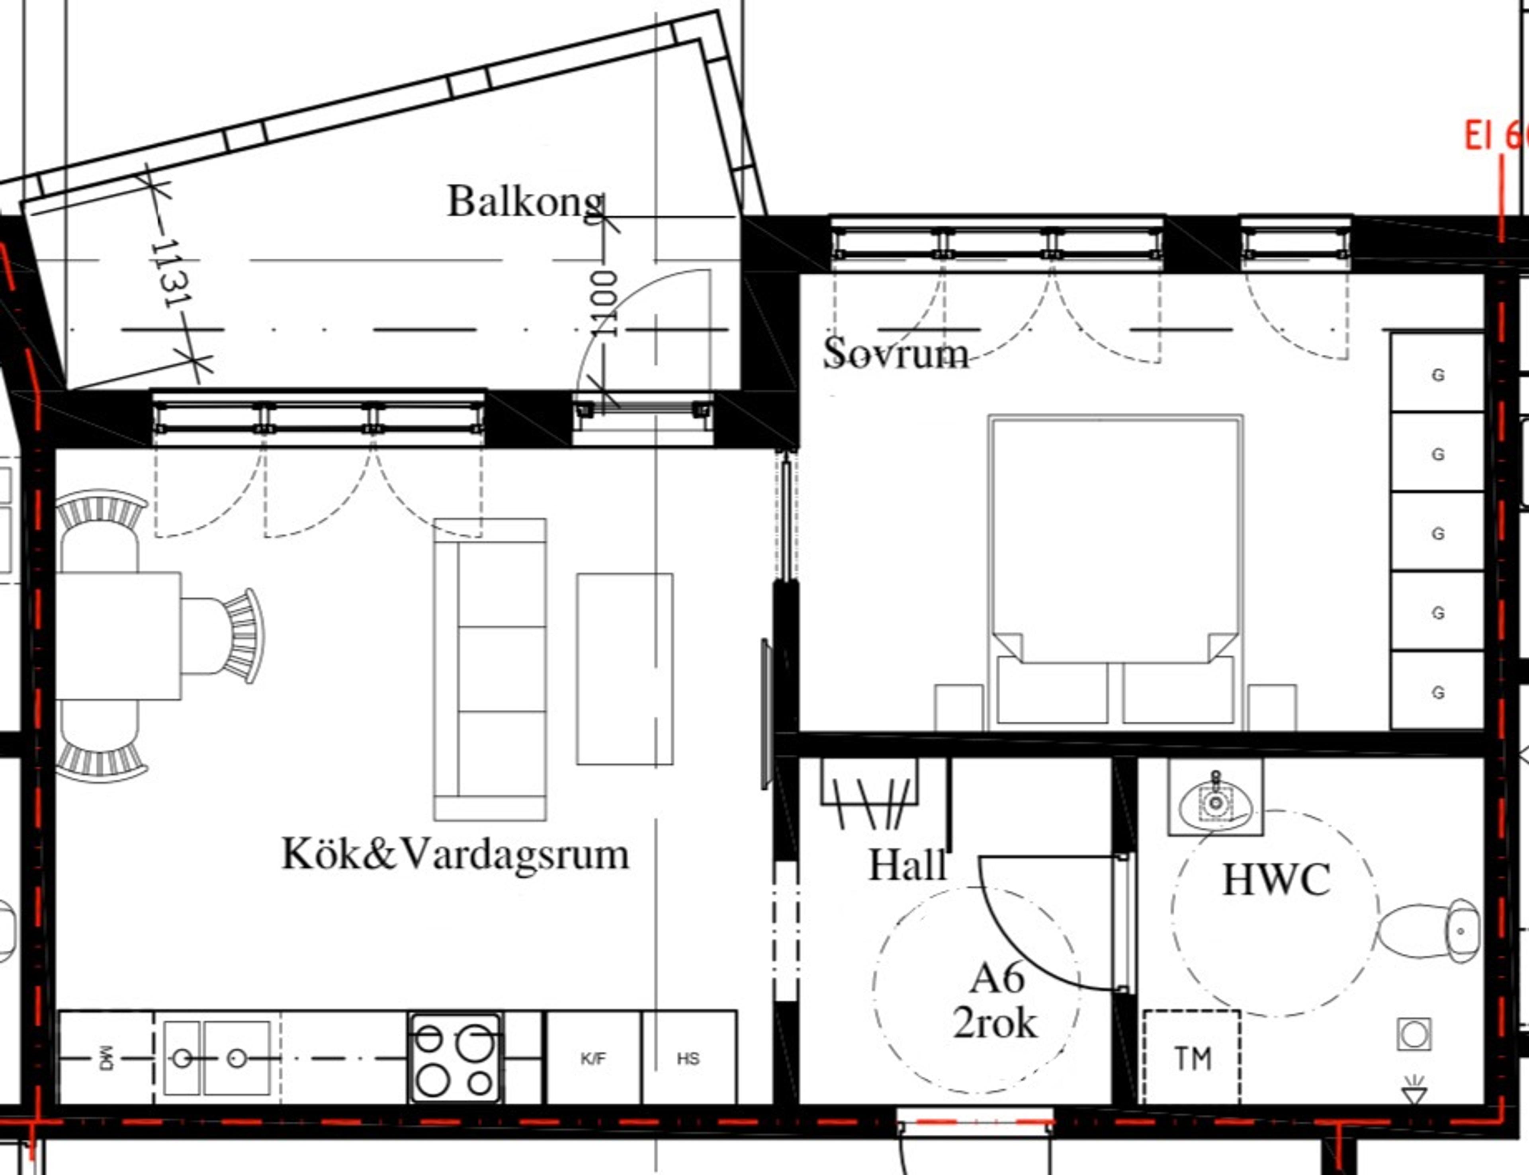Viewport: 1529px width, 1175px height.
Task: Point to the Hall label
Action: pos(907,866)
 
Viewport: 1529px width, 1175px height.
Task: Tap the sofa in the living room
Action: pos(490,669)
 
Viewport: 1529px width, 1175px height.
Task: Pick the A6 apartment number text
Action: pos(997,978)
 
